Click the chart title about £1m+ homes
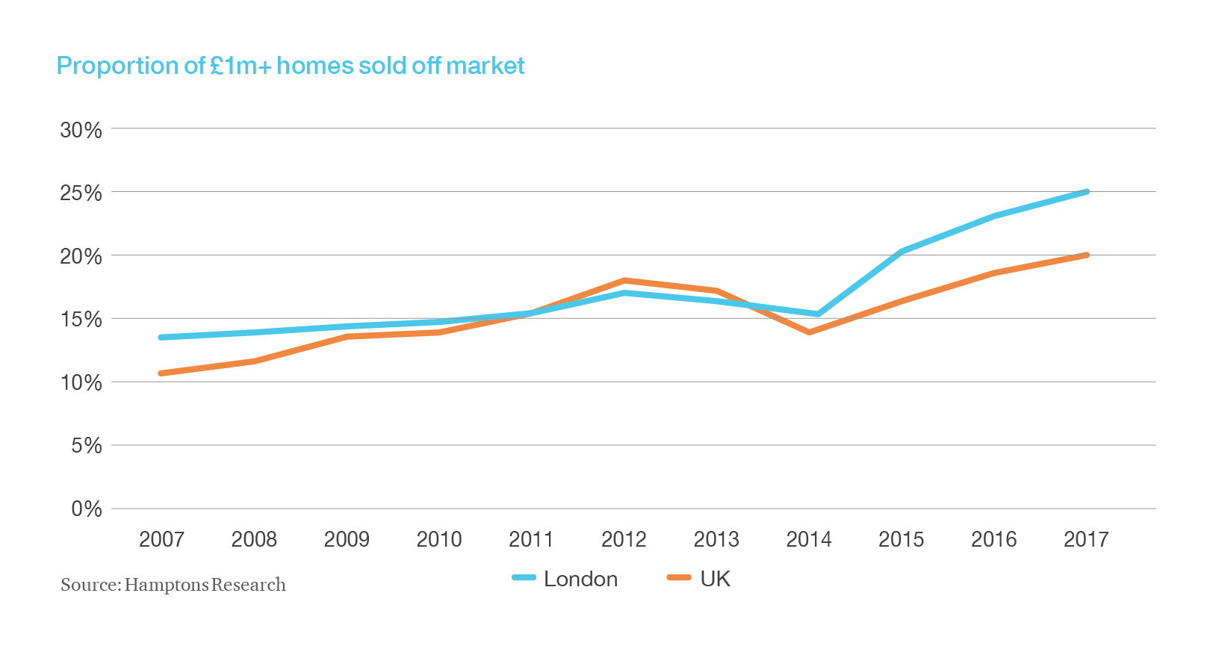coord(291,66)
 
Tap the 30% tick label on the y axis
coord(81,130)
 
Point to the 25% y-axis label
coord(81,193)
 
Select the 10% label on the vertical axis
coord(81,383)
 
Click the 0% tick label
coord(87,509)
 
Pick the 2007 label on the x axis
coord(161,539)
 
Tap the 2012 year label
coord(624,539)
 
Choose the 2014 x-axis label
coord(809,539)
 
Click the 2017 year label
coord(1086,539)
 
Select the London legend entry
coord(565,579)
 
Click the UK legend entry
coord(699,579)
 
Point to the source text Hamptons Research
coord(173,585)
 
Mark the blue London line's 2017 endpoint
coord(1086,192)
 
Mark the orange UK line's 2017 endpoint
coord(1086,255)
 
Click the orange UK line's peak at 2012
coord(624,281)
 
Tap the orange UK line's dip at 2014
coord(810,332)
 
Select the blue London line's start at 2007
coord(161,338)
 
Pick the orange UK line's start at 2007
coord(161,373)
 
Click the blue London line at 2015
coord(902,252)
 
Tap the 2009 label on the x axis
coord(347,539)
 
